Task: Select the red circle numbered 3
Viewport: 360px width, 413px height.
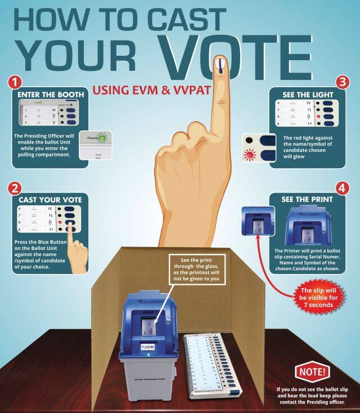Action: click(341, 81)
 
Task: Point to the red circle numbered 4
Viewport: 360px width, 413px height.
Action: click(342, 186)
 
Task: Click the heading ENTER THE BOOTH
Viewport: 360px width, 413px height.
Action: click(51, 94)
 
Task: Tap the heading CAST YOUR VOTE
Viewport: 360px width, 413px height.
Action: click(50, 199)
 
